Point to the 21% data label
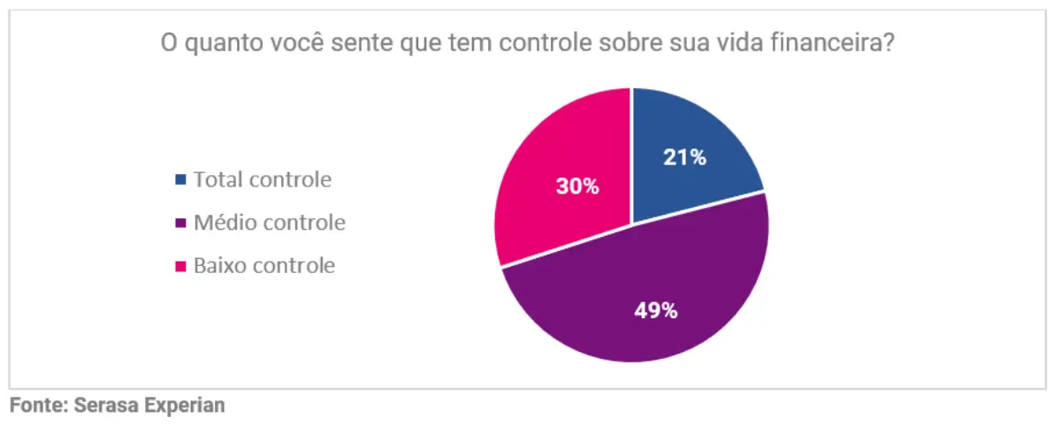[x=685, y=158]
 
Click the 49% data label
[x=656, y=310]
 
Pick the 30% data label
[x=577, y=186]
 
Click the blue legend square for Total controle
[x=181, y=180]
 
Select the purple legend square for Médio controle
[x=181, y=223]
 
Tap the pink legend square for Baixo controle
[x=181, y=265]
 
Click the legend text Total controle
[x=263, y=180]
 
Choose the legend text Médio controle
[x=270, y=223]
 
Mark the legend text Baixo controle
[x=264, y=265]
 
